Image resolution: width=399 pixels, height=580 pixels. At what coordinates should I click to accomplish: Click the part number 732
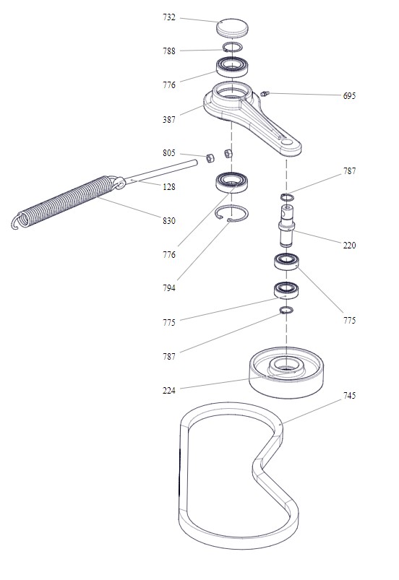169,17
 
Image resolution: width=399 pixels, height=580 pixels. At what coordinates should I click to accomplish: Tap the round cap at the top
232,27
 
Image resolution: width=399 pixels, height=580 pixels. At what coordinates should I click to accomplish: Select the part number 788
169,51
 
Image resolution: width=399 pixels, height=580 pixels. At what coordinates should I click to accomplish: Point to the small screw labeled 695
264,94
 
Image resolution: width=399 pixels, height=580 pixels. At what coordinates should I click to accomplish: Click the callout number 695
349,96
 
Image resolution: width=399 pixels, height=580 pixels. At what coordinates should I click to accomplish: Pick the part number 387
169,119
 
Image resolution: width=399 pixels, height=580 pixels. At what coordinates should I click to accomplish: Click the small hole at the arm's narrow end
287,142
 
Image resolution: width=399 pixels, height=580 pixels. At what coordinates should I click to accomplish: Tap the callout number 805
169,153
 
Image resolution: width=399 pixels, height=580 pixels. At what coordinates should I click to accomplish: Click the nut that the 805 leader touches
210,158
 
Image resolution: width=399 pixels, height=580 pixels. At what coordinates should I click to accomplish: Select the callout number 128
169,187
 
